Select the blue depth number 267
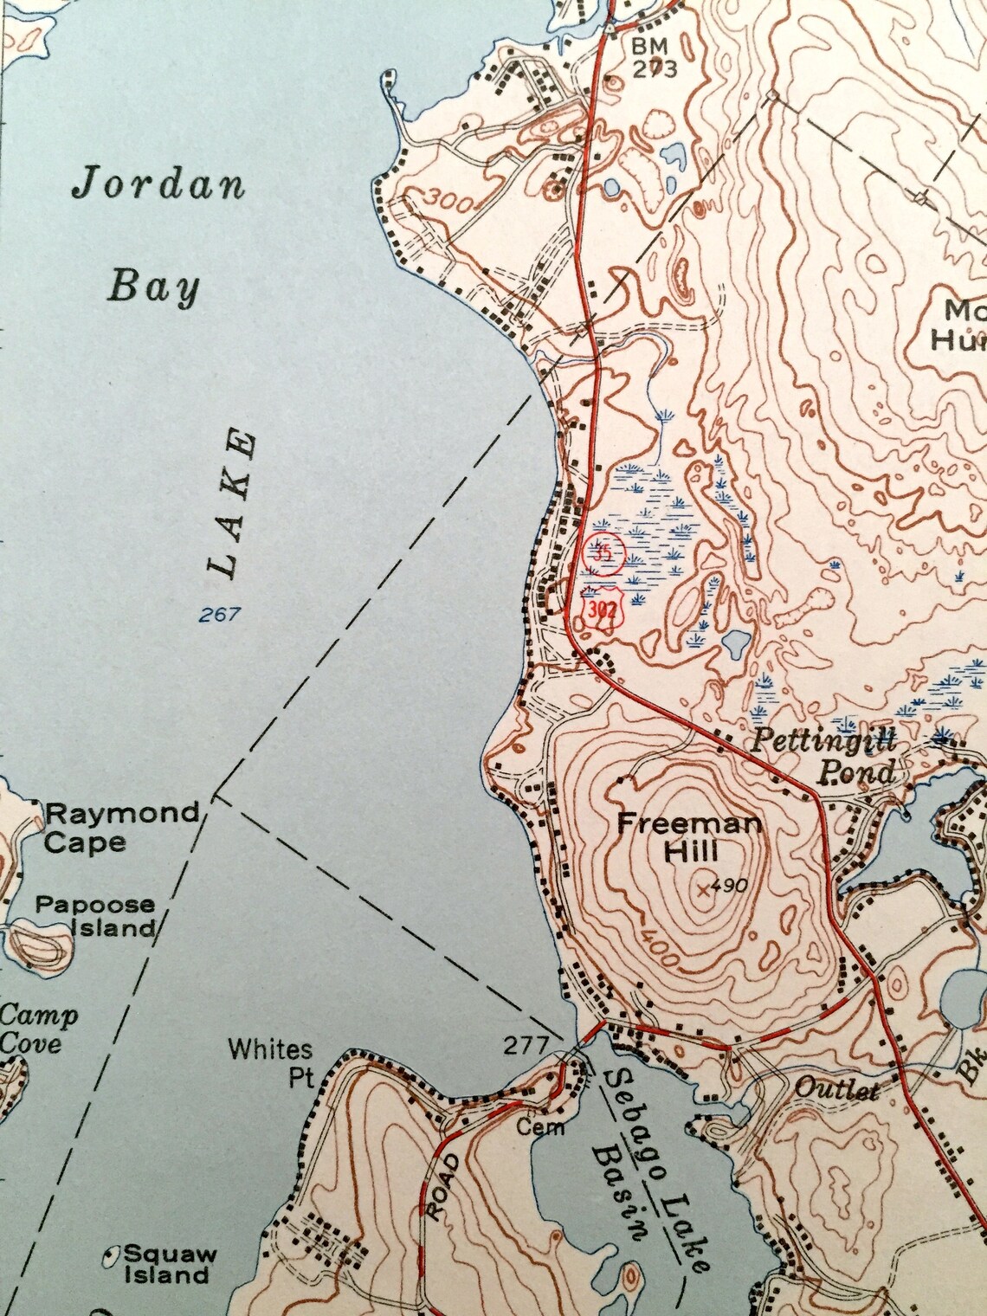coord(218,616)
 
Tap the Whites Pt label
coord(271,1062)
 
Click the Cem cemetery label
coord(541,1127)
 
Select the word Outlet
coord(836,1089)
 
